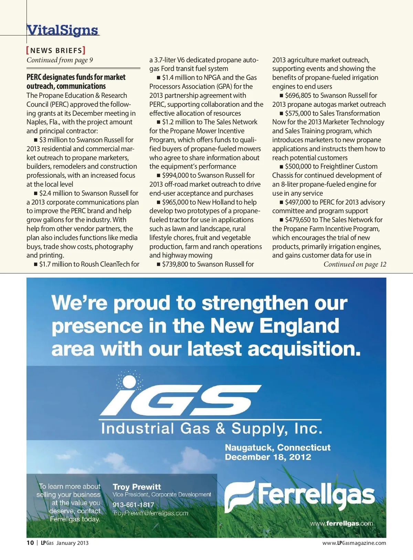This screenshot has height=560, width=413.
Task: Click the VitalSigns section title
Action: pyautogui.click(x=63, y=30)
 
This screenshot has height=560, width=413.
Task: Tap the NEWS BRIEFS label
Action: pyautogui.click(x=56, y=51)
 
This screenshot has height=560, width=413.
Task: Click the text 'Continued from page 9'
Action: pyautogui.click(x=60, y=60)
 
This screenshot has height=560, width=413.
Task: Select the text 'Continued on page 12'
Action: pyautogui.click(x=354, y=264)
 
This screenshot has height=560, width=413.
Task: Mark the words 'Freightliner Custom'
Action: pyautogui.click(x=349, y=166)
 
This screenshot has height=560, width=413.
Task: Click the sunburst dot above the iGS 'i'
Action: pyautogui.click(x=129, y=381)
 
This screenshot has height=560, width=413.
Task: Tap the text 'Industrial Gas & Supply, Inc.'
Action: pyautogui.click(x=212, y=428)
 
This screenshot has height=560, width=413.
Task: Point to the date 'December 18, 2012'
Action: pyautogui.click(x=268, y=457)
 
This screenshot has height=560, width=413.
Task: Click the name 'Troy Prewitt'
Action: pyautogui.click(x=137, y=487)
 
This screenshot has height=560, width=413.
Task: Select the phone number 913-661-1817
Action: pyautogui.click(x=133, y=505)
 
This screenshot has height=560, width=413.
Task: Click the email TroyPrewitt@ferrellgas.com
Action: pyautogui.click(x=150, y=513)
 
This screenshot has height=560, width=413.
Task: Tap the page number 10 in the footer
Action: pyautogui.click(x=30, y=543)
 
